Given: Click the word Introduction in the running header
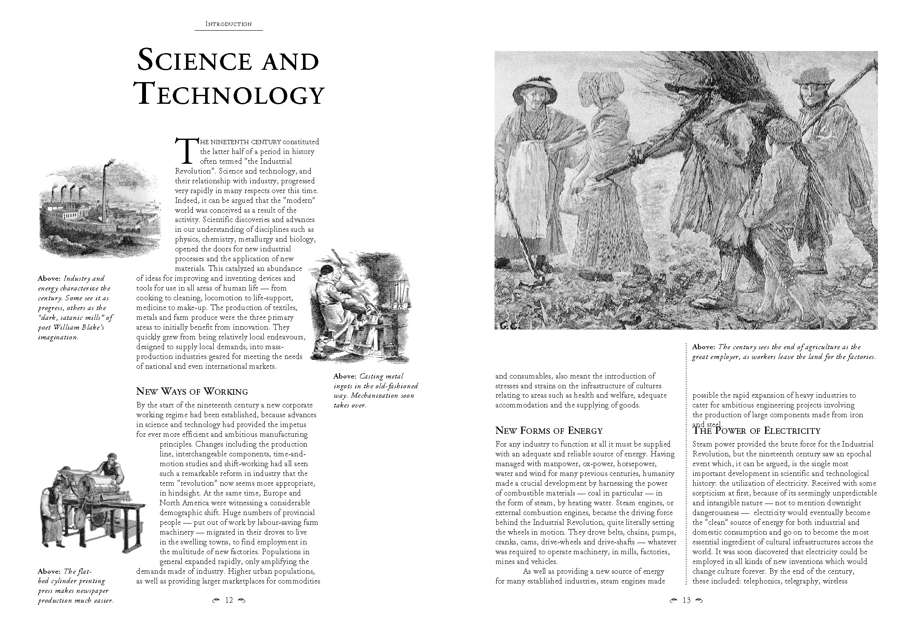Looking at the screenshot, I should point(229,24).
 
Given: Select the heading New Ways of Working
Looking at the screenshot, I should point(192,391).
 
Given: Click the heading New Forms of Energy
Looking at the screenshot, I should point(549,430).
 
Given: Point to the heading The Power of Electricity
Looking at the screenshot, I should point(756,431).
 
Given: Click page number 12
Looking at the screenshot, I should point(229,600).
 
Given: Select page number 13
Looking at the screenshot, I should point(686,600).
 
